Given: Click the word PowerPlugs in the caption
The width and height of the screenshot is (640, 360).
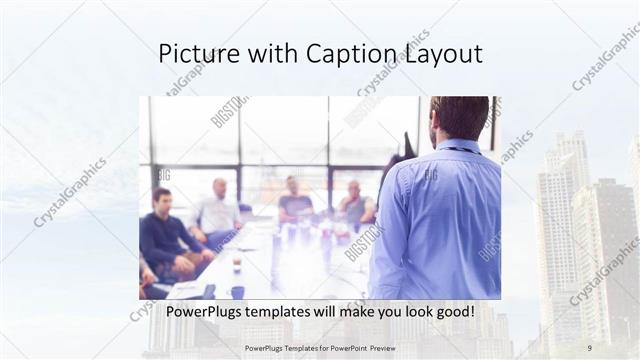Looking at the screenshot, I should point(202,312).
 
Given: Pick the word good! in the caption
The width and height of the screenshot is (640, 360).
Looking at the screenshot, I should point(450,312).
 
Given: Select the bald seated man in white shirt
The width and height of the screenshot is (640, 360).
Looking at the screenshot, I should point(217,213).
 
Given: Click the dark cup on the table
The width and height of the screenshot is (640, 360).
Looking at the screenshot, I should point(237,291).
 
